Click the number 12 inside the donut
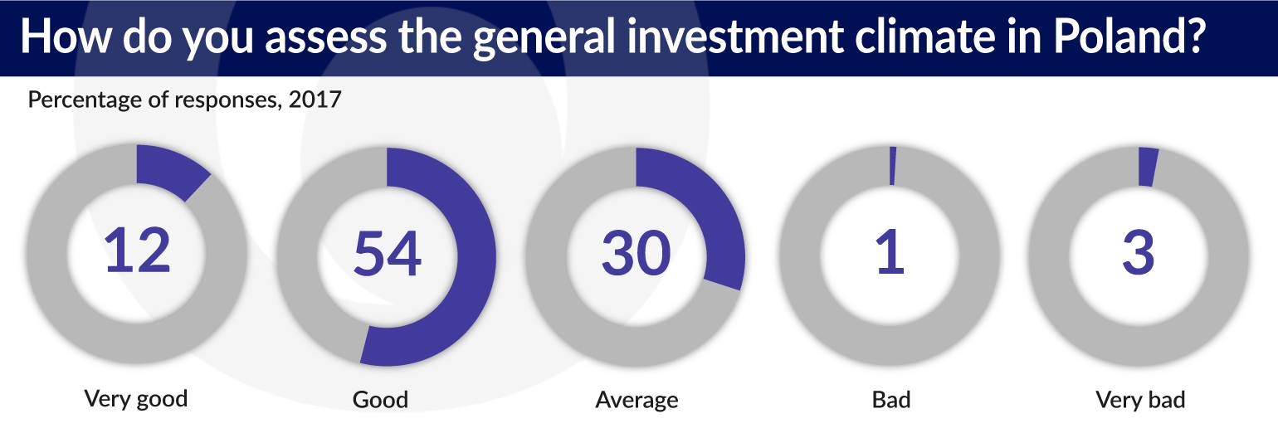[137, 250]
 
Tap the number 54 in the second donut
[387, 253]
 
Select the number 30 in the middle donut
[637, 253]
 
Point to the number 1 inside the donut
[890, 252]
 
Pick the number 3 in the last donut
[1139, 253]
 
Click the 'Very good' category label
[136, 399]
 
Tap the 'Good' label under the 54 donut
[381, 399]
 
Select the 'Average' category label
[637, 399]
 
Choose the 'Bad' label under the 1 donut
[891, 399]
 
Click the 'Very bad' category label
[1140, 399]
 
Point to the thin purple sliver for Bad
[893, 166]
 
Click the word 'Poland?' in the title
[1129, 36]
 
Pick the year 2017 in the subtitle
[315, 100]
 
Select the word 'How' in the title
[66, 36]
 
